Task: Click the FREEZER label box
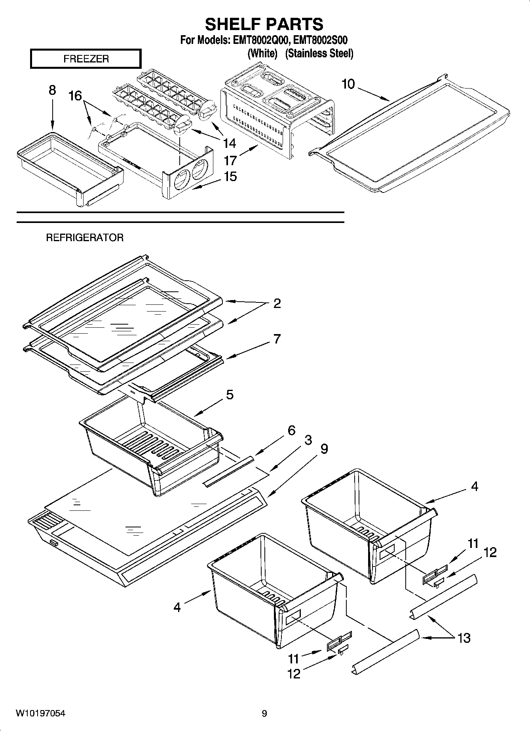point(85,59)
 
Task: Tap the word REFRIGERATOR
point(85,238)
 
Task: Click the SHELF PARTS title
point(264,25)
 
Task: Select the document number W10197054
point(40,714)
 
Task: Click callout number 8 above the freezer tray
point(52,91)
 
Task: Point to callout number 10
point(348,84)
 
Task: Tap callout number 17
point(230,161)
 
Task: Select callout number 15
point(230,177)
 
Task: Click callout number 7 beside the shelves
point(277,339)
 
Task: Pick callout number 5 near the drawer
point(230,395)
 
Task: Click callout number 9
point(324,449)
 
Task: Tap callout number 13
point(464,638)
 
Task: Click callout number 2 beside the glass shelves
point(277,304)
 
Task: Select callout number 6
point(291,430)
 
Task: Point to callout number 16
point(75,96)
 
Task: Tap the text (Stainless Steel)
point(319,53)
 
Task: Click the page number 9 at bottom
point(264,714)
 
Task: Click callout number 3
point(308,440)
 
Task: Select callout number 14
point(229,143)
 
